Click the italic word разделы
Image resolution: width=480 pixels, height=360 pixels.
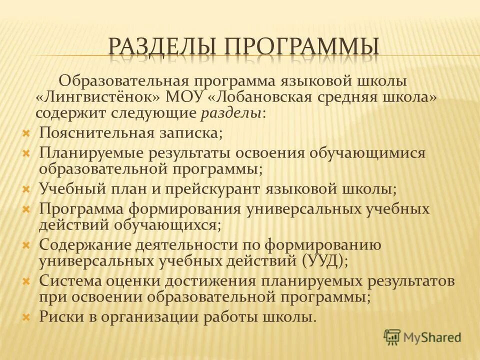tap(231, 112)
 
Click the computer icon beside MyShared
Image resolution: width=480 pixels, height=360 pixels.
tap(392, 337)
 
